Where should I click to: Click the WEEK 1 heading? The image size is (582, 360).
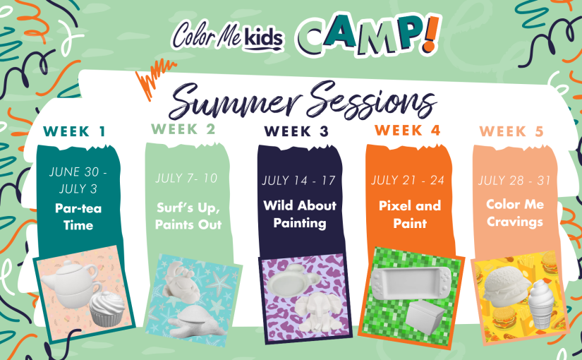(74, 131)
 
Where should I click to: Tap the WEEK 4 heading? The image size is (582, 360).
(407, 131)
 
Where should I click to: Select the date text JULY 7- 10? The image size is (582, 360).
(186, 179)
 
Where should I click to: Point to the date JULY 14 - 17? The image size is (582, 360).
(299, 181)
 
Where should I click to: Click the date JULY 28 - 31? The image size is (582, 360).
(514, 181)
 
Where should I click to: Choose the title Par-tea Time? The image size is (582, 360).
(78, 217)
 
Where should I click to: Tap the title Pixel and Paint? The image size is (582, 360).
(410, 215)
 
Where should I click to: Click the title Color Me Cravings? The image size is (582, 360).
(515, 213)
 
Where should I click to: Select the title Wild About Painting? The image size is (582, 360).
(300, 214)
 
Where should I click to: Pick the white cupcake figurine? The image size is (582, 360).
(108, 309)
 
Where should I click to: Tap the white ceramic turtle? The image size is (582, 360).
(195, 321)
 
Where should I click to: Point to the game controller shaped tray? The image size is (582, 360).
(411, 284)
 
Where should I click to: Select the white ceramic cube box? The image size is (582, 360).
(425, 317)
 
